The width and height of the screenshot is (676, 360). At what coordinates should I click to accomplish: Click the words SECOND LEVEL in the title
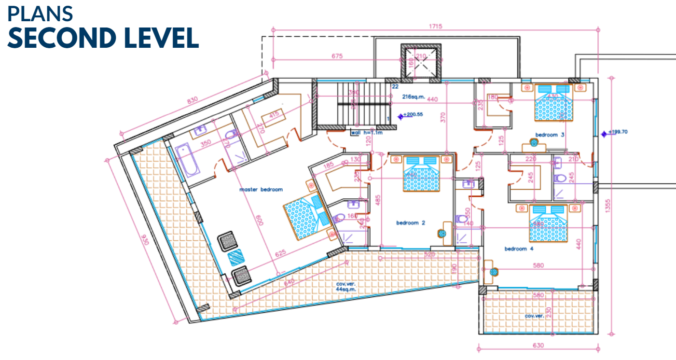coord(103,38)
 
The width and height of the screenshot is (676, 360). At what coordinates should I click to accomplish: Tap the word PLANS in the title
coord(40,14)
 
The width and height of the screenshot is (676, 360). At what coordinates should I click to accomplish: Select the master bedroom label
coord(261,190)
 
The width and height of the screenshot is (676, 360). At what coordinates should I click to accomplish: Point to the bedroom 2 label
coord(411,223)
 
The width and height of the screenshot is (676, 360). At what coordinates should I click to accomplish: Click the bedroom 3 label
coord(550,135)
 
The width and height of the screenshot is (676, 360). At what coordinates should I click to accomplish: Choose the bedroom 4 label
coord(519,249)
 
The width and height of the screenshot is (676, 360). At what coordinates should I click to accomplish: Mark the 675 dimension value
coord(337,56)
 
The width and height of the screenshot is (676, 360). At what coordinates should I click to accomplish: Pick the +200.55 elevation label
coord(413,115)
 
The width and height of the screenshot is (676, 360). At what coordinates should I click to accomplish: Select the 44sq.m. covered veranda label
coord(346,290)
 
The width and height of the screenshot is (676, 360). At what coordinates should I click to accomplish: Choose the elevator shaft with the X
coord(421,62)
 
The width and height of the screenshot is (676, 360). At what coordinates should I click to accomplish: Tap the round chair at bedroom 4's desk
coord(494,272)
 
